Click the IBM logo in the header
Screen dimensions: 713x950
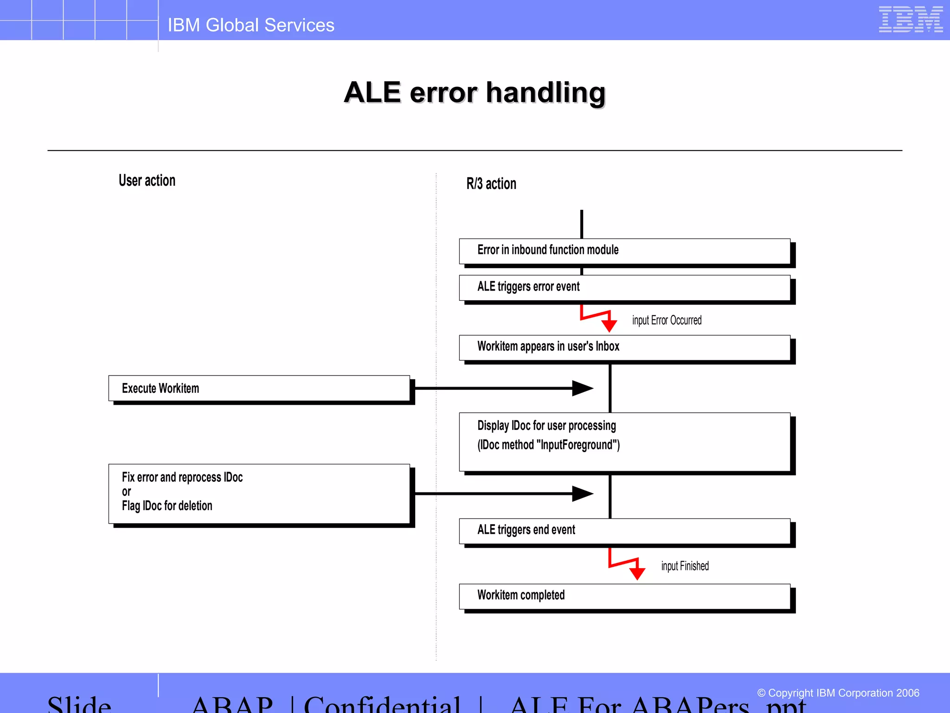[x=910, y=19]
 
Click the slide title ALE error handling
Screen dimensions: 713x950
[x=475, y=92]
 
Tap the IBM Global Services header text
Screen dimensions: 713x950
[x=250, y=25]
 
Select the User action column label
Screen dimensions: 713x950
[x=147, y=181]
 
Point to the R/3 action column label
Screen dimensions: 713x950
[x=491, y=184]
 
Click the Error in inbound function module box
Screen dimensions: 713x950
[x=624, y=251]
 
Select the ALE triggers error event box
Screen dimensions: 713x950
[x=624, y=287]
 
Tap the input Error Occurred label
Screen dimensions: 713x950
[x=667, y=320]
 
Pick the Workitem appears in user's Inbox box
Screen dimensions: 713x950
[x=624, y=347]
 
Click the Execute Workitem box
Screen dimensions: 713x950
[x=259, y=389]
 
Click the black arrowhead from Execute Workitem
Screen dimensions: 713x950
[x=582, y=388]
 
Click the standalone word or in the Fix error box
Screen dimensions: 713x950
[x=126, y=492]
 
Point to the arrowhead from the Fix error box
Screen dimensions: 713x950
[x=582, y=493]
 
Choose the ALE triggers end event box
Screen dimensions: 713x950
[x=624, y=531]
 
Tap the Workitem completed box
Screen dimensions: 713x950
[x=624, y=596]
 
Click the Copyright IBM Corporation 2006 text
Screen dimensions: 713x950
[x=838, y=693]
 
